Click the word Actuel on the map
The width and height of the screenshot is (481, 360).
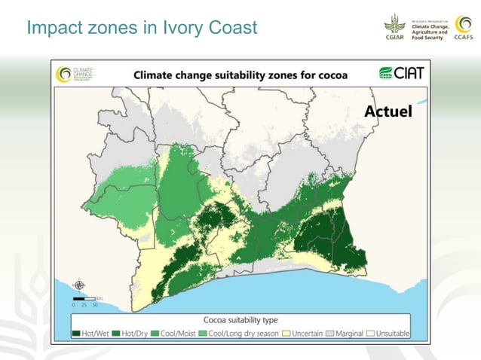(x=388, y=111)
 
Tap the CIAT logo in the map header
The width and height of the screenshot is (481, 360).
(x=400, y=74)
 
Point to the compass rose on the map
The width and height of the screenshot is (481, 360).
(x=78, y=285)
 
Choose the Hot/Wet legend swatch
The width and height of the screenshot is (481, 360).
(x=76, y=333)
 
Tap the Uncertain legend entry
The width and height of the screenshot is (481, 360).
(x=304, y=333)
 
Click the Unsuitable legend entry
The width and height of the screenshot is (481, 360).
(x=388, y=333)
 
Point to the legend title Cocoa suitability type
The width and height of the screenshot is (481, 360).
(x=240, y=319)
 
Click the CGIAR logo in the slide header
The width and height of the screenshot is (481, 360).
(x=396, y=29)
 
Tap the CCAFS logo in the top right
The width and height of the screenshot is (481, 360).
(x=462, y=29)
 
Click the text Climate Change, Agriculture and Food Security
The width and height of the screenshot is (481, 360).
(x=430, y=29)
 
